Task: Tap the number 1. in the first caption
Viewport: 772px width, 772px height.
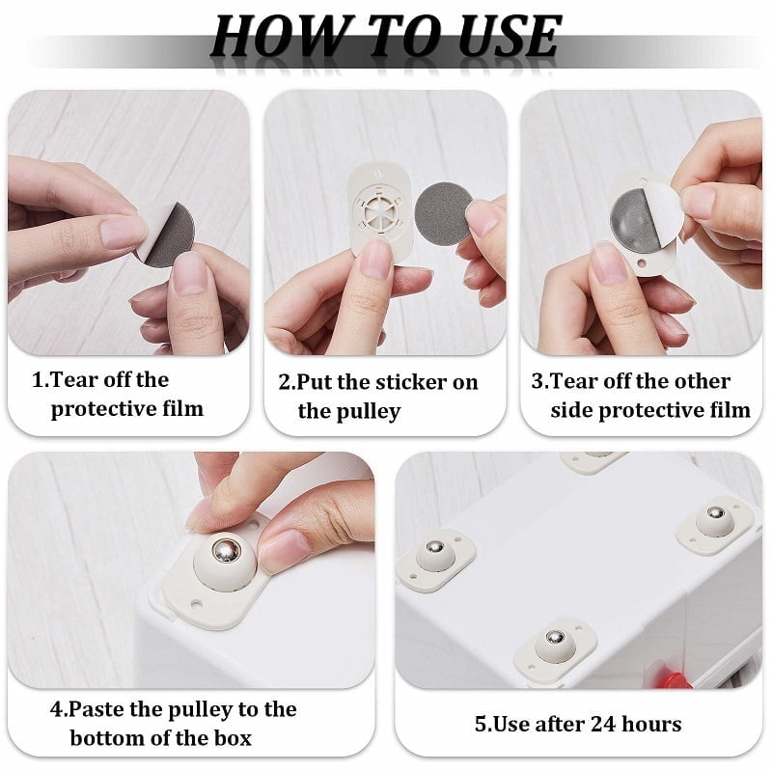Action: (41, 380)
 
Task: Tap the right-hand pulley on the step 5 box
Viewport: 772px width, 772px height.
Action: (713, 520)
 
